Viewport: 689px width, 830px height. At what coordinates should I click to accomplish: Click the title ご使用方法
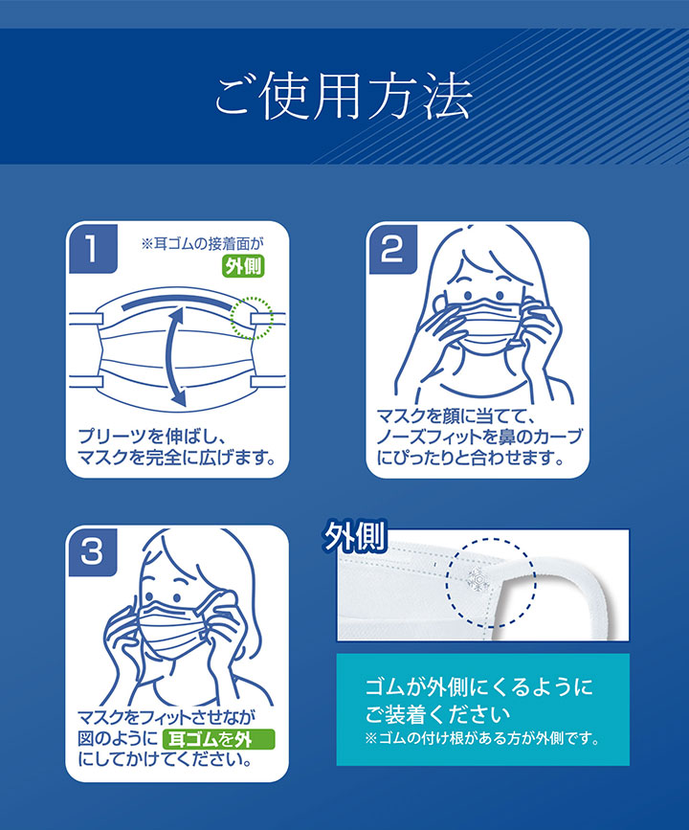pos(344,98)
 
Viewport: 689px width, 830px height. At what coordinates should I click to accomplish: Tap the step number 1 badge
pos(93,249)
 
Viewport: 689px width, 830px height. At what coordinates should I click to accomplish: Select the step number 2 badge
pos(392,249)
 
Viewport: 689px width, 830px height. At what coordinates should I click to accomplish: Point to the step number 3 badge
pos(93,552)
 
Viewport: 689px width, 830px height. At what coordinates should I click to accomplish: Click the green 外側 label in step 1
pos(242,266)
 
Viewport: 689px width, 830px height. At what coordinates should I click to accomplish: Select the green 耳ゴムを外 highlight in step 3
pos(218,739)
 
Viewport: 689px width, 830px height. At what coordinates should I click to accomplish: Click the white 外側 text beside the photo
pos(356,537)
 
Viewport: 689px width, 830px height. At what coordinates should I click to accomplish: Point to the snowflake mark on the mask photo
pos(478,578)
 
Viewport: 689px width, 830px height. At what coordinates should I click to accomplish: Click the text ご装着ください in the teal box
pos(437,713)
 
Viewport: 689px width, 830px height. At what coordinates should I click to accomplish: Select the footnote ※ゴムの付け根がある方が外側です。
pos(482,738)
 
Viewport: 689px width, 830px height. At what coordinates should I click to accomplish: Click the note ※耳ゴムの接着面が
pos(202,243)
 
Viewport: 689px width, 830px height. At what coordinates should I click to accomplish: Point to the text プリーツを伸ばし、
pos(153,437)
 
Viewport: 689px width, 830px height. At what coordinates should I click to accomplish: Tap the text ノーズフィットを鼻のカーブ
pos(479,437)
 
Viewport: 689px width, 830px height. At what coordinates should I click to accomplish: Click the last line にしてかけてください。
pos(166,759)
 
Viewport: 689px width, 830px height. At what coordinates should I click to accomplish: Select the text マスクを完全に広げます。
pos(177,458)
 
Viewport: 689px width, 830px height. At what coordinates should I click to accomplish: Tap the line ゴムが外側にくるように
pos(479,687)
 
